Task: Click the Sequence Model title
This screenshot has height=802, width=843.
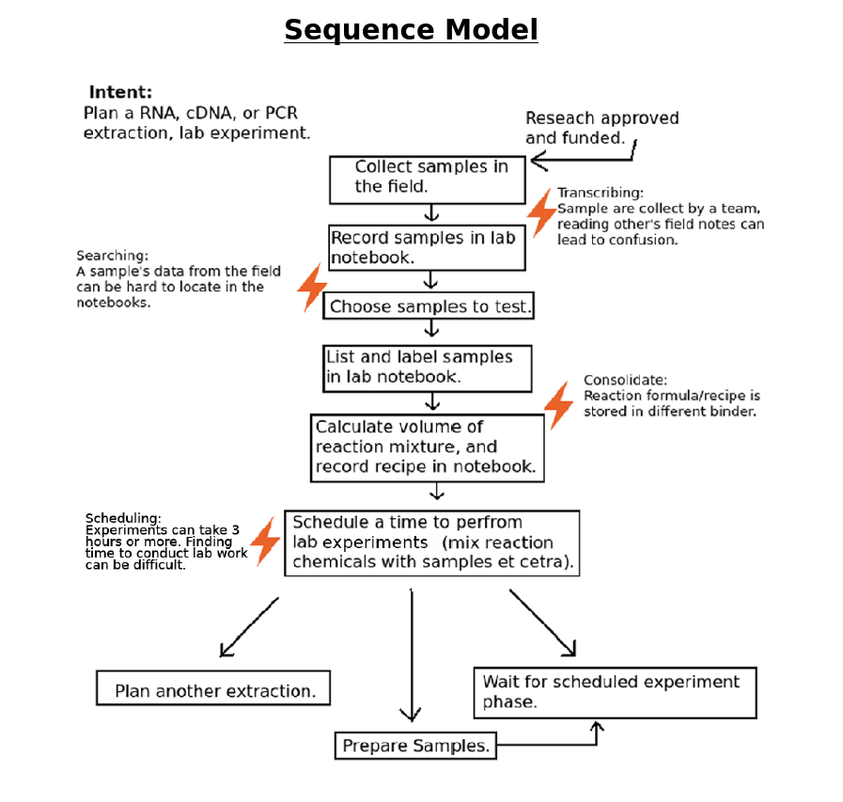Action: click(411, 30)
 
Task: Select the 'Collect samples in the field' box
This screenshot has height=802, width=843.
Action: click(427, 179)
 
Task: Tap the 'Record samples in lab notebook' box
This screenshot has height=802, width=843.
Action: click(426, 247)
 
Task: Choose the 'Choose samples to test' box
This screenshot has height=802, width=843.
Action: click(429, 307)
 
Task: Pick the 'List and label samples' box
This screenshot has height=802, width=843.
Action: click(427, 368)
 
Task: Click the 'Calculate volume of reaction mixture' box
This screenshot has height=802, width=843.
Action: click(428, 448)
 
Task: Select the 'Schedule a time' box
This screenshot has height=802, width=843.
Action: click(431, 543)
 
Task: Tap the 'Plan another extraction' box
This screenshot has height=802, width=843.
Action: click(213, 689)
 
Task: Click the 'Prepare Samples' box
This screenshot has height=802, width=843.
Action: click(414, 746)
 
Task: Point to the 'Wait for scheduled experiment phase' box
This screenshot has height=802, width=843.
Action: click(616, 693)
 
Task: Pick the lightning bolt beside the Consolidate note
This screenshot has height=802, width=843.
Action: click(559, 405)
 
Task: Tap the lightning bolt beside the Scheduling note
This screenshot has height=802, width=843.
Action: click(265, 541)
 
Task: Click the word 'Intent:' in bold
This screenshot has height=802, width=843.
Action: click(120, 92)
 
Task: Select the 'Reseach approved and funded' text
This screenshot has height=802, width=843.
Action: click(601, 128)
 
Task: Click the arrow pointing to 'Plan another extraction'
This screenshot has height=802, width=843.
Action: click(248, 627)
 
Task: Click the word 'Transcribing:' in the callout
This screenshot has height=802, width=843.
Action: click(601, 193)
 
